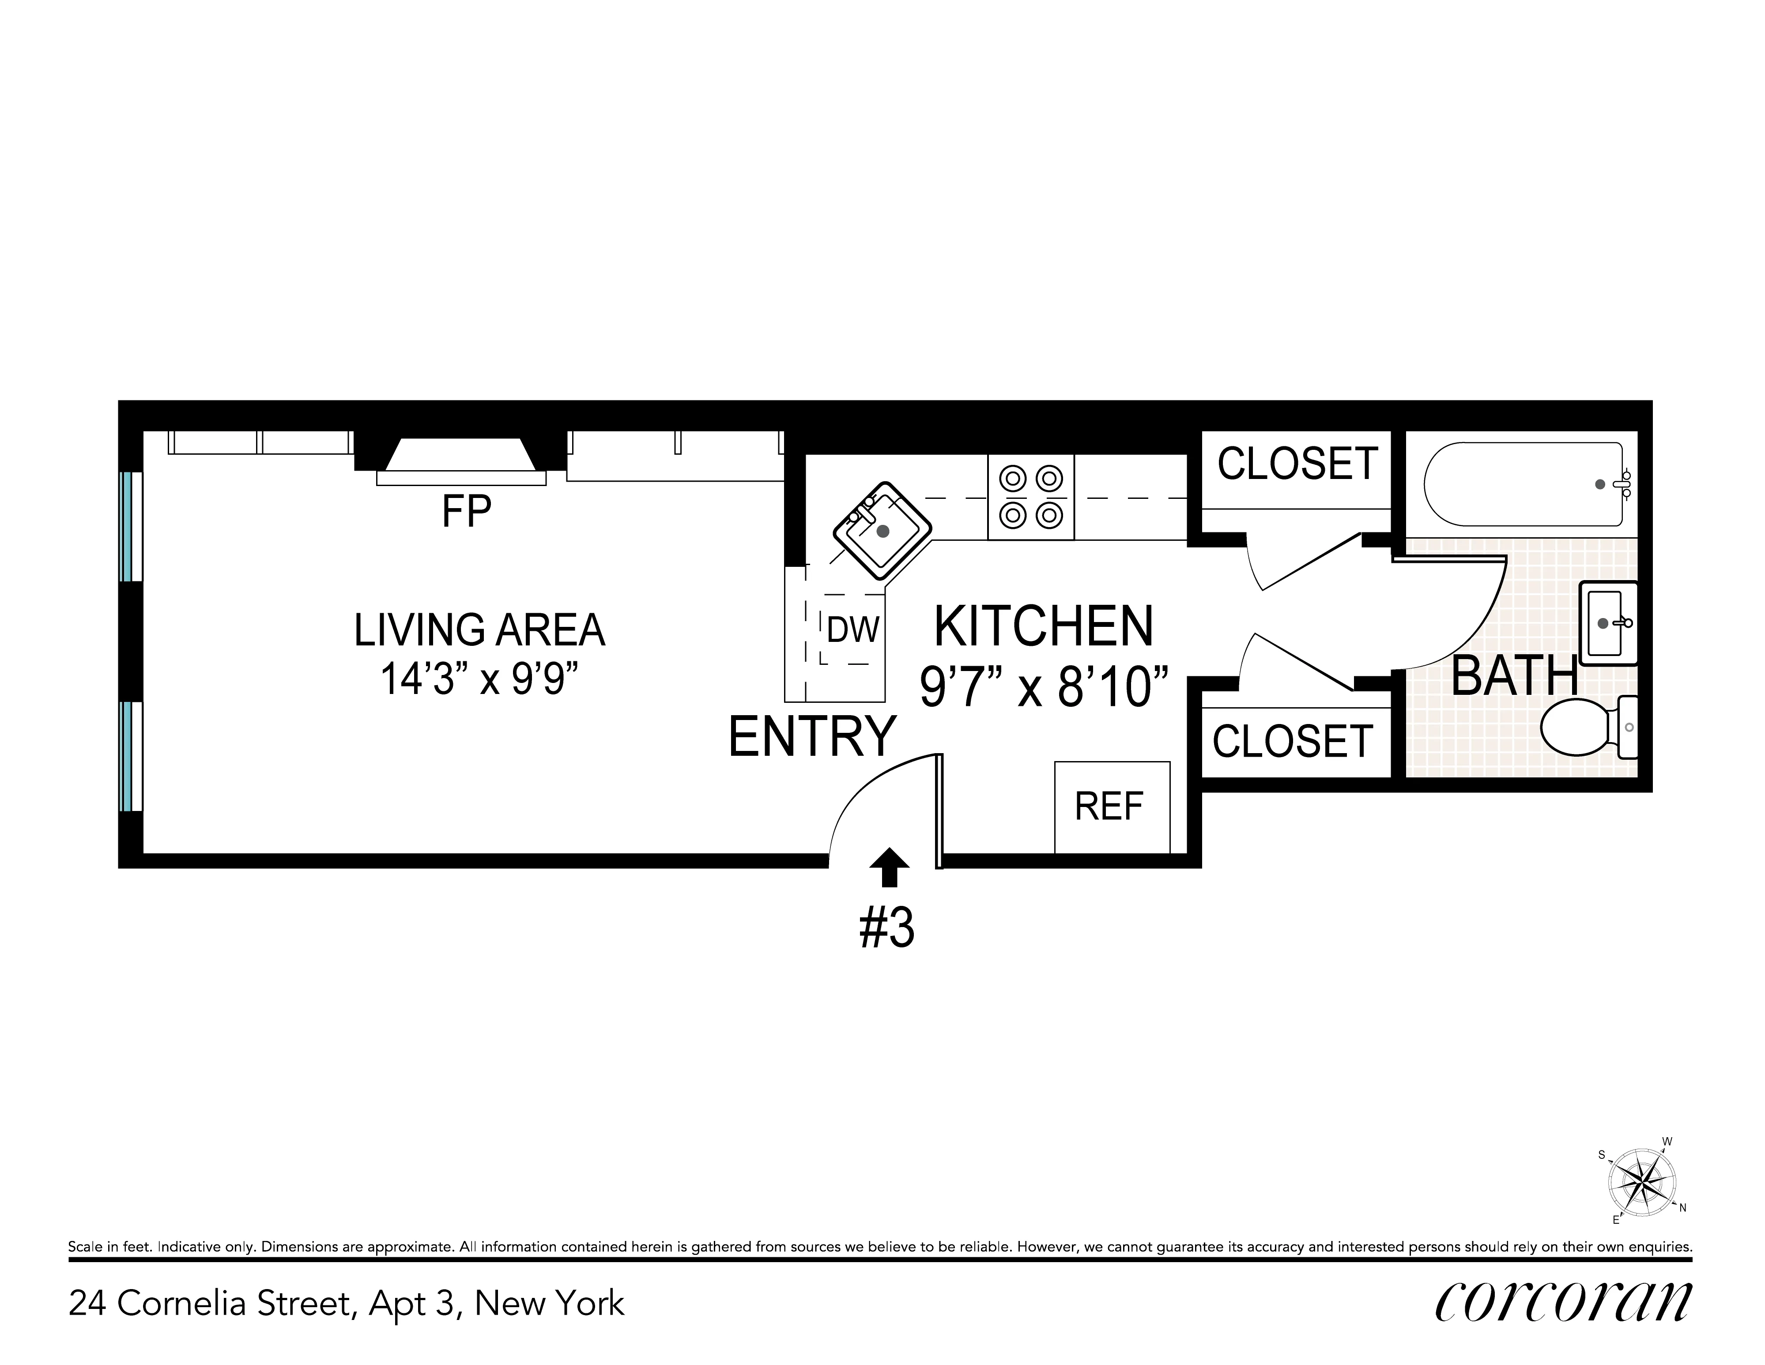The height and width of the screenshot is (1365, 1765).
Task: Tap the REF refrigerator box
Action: click(x=1111, y=807)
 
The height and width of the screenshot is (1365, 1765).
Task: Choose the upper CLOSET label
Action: click(x=1297, y=464)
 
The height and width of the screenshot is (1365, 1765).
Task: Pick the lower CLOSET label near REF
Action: click(x=1292, y=741)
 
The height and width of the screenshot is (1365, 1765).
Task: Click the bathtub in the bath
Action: click(x=1524, y=484)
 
